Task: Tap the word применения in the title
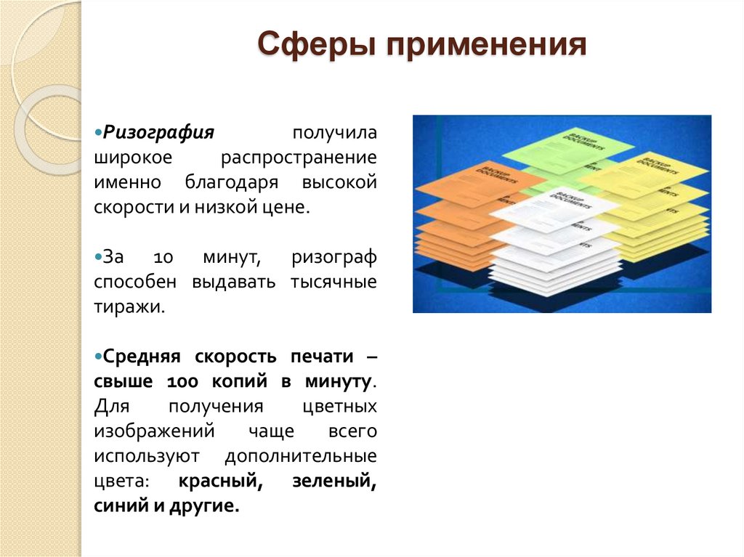[485, 46]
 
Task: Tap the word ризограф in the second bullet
[334, 258]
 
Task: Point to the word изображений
[154, 431]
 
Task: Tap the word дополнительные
[301, 456]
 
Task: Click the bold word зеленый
[334, 481]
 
